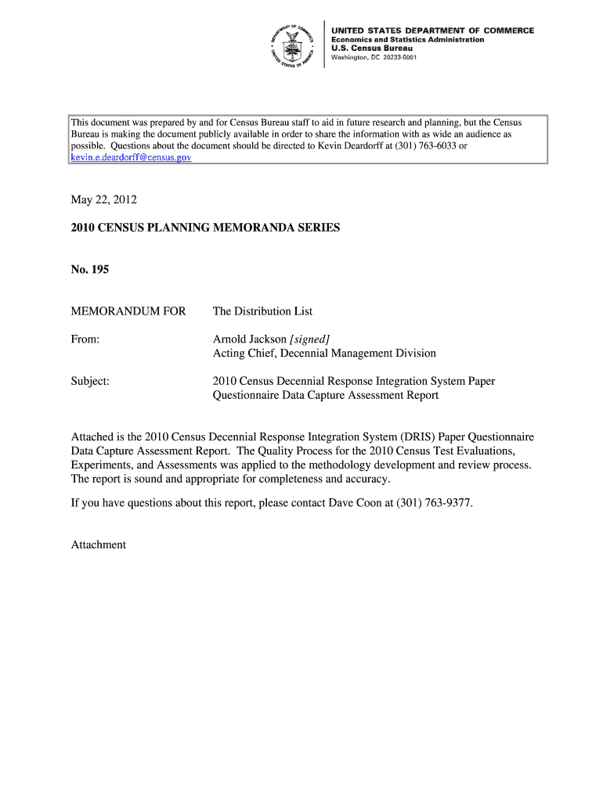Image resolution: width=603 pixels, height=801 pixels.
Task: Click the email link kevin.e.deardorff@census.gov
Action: [x=131, y=157]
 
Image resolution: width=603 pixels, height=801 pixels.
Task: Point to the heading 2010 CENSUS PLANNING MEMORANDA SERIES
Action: [x=206, y=228]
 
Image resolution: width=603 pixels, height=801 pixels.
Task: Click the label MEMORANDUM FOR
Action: [x=128, y=311]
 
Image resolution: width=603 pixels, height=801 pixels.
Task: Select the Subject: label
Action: [x=90, y=381]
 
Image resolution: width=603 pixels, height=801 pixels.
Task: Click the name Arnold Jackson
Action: [x=250, y=339]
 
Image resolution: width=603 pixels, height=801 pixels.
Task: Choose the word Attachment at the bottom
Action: [x=99, y=544]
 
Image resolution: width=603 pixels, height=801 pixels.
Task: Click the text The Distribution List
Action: [x=262, y=311]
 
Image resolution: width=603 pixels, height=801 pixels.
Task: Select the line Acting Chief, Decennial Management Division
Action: [x=324, y=354]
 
